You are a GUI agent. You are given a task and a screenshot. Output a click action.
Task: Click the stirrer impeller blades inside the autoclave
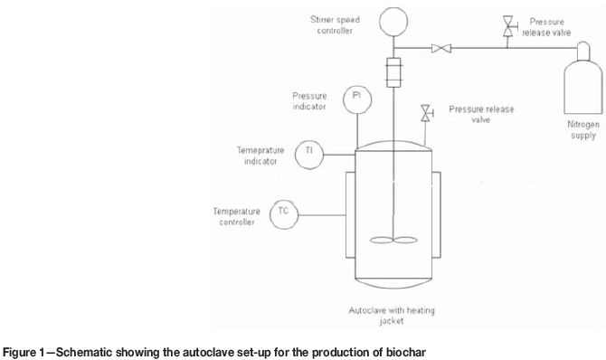[x=393, y=240]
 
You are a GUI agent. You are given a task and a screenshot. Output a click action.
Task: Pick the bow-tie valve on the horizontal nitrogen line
[x=441, y=48]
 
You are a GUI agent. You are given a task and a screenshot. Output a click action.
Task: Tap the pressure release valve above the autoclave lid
[x=427, y=113]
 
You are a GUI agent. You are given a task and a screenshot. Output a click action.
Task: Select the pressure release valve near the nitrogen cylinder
[x=508, y=26]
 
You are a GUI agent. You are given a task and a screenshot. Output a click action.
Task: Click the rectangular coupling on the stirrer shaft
[x=393, y=72]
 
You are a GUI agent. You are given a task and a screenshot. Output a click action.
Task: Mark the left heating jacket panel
[x=351, y=215]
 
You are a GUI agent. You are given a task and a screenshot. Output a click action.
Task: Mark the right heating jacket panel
[x=436, y=215]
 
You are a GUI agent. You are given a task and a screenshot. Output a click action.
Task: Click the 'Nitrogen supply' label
[x=583, y=130]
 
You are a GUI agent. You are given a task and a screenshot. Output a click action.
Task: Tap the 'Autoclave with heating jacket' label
[x=392, y=316]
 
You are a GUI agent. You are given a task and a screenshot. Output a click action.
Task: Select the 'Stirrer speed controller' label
[x=335, y=25]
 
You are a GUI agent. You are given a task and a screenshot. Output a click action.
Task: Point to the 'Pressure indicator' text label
[x=309, y=101]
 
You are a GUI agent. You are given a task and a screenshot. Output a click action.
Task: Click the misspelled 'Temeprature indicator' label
[x=260, y=156]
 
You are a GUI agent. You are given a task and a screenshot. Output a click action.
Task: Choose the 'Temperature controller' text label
[x=237, y=216]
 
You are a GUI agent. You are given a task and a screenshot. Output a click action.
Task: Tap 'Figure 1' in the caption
[x=24, y=353]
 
